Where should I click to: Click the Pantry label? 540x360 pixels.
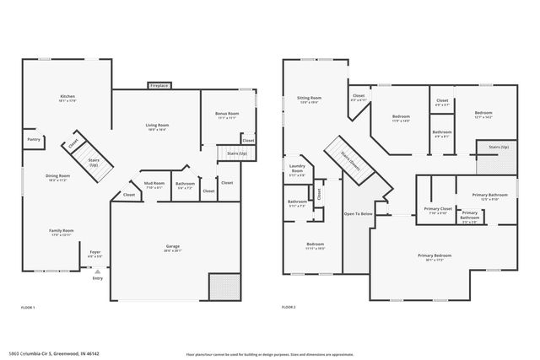pyautogui.click(x=34, y=139)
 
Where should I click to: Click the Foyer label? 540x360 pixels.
pyautogui.click(x=95, y=251)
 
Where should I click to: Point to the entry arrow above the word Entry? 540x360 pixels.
pyautogui.click(x=98, y=271)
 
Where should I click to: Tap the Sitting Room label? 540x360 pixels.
pyautogui.click(x=309, y=99)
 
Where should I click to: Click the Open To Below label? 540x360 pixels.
pyautogui.click(x=358, y=213)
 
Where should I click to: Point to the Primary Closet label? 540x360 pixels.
pyautogui.click(x=439, y=210)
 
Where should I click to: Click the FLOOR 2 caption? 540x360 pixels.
pyautogui.click(x=288, y=308)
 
